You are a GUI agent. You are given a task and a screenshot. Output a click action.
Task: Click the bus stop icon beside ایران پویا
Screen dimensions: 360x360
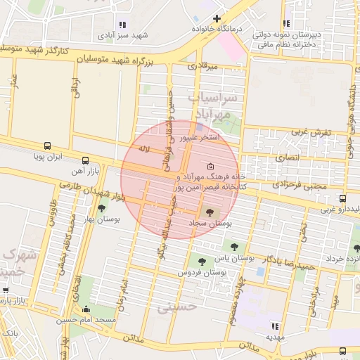pyautogui.click(x=47, y=146)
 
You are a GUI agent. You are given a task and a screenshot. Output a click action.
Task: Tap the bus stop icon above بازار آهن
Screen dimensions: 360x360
pyautogui.click(x=85, y=160)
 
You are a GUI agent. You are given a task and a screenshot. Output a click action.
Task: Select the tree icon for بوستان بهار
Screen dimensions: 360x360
pyautogui.click(x=102, y=207)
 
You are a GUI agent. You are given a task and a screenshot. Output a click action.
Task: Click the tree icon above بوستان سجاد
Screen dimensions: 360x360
pyautogui.click(x=209, y=211)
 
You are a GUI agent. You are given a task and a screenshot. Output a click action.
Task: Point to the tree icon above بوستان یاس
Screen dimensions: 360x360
pyautogui.click(x=234, y=246)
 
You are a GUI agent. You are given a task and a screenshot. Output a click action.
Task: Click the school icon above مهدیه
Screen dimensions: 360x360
pyautogui.click(x=274, y=326)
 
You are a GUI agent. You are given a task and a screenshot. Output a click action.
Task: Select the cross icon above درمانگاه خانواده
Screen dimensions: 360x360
pyautogui.click(x=217, y=18)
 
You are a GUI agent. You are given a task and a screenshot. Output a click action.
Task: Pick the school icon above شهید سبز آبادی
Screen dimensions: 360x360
pyautogui.click(x=124, y=24)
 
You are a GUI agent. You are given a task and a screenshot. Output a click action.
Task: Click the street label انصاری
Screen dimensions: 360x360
pyautogui.click(x=288, y=157)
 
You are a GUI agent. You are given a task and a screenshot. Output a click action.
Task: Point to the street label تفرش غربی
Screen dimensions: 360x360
pyautogui.click(x=307, y=131)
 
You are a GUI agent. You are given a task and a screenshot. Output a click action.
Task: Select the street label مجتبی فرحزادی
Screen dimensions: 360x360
pyautogui.click(x=280, y=186)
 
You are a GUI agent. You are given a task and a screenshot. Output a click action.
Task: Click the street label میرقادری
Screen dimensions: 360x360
pyautogui.click(x=202, y=66)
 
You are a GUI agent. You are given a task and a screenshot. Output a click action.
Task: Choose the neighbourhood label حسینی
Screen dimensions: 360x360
pyautogui.click(x=173, y=307)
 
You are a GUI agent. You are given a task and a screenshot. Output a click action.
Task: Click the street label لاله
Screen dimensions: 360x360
pyautogui.click(x=144, y=148)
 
